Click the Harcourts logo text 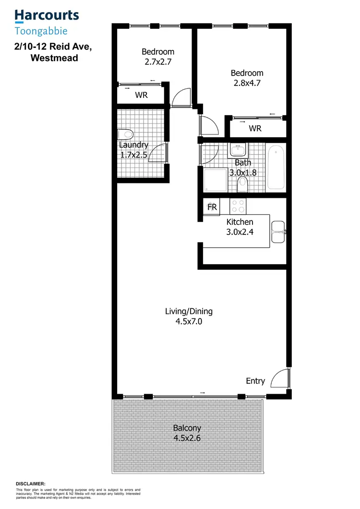47,15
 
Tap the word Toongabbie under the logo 41,31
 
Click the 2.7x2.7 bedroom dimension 158,62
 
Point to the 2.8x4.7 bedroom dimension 247,84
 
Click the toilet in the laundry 125,134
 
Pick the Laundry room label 133,145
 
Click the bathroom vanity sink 238,149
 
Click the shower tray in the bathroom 213,182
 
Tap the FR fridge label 211,207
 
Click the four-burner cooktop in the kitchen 238,206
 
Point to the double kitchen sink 277,232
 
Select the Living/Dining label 189,311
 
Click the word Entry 255,381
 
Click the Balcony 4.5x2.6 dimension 187,438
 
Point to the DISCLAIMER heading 31,484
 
